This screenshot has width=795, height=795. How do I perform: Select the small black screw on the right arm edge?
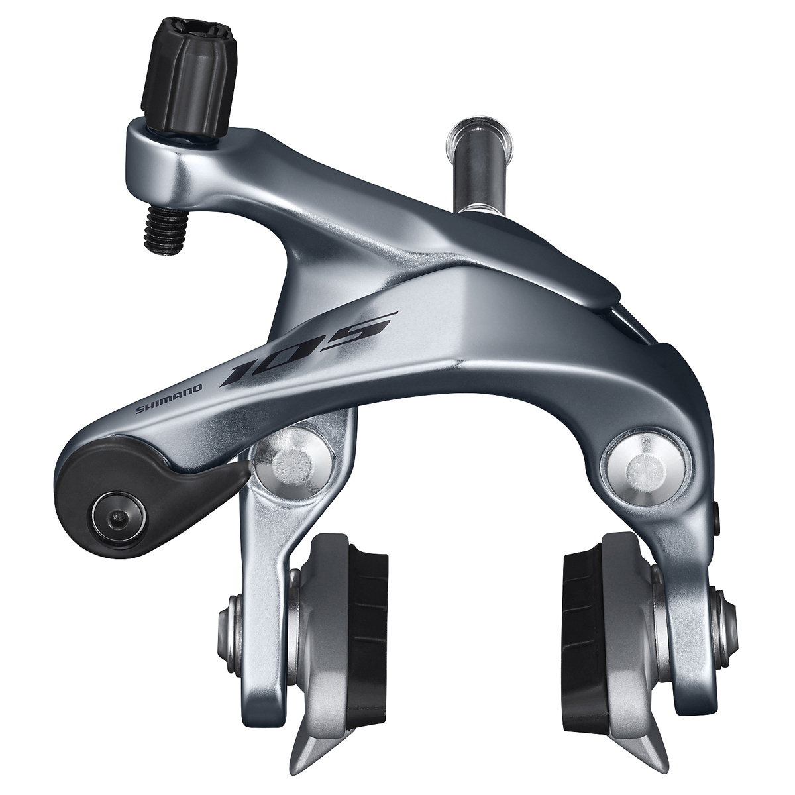(718, 511)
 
